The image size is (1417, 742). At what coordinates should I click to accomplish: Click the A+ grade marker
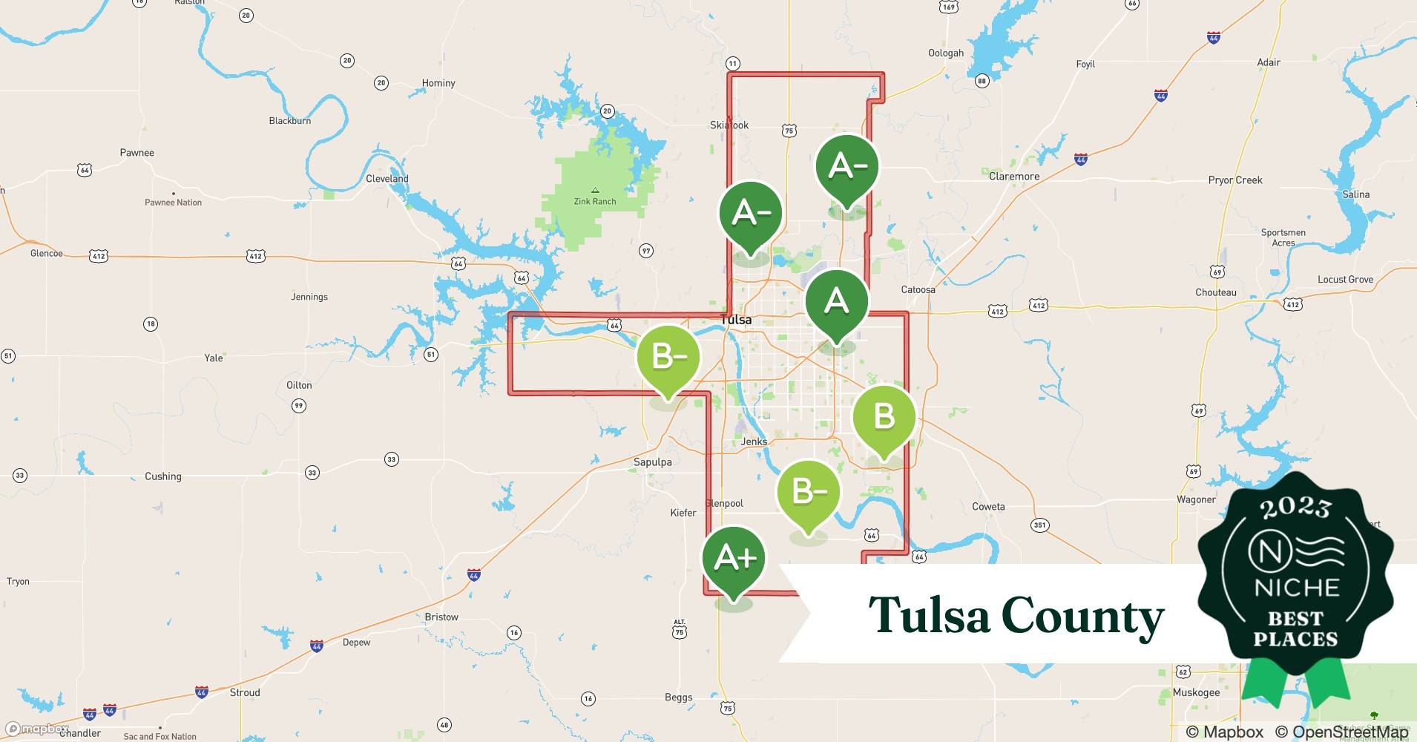click(734, 559)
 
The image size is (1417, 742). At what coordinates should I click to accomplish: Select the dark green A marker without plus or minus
click(836, 301)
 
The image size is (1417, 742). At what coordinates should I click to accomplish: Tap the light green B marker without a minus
click(883, 417)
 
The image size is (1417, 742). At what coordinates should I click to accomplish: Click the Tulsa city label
click(736, 320)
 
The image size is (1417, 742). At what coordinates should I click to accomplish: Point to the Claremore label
click(1013, 177)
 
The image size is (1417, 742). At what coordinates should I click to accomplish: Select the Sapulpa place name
click(652, 462)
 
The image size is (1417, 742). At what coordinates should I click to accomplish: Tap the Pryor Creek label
click(1234, 180)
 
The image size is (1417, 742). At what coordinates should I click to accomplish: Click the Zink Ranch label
click(594, 201)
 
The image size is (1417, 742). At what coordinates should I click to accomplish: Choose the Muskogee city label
click(1196, 692)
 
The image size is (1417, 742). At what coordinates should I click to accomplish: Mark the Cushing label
click(162, 476)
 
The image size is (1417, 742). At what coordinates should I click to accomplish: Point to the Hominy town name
click(438, 83)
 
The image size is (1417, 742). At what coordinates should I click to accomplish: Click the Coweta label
click(988, 507)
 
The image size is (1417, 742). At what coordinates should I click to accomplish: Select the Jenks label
click(754, 441)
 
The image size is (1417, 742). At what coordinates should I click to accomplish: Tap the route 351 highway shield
click(1039, 525)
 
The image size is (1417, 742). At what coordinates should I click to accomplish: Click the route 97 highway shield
click(646, 251)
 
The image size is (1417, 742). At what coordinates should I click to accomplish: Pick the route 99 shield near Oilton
click(298, 406)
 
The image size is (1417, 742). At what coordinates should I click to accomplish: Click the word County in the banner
click(1082, 616)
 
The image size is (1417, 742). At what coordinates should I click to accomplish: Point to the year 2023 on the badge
click(1295, 508)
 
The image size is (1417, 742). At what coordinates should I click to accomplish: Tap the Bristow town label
click(441, 617)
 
